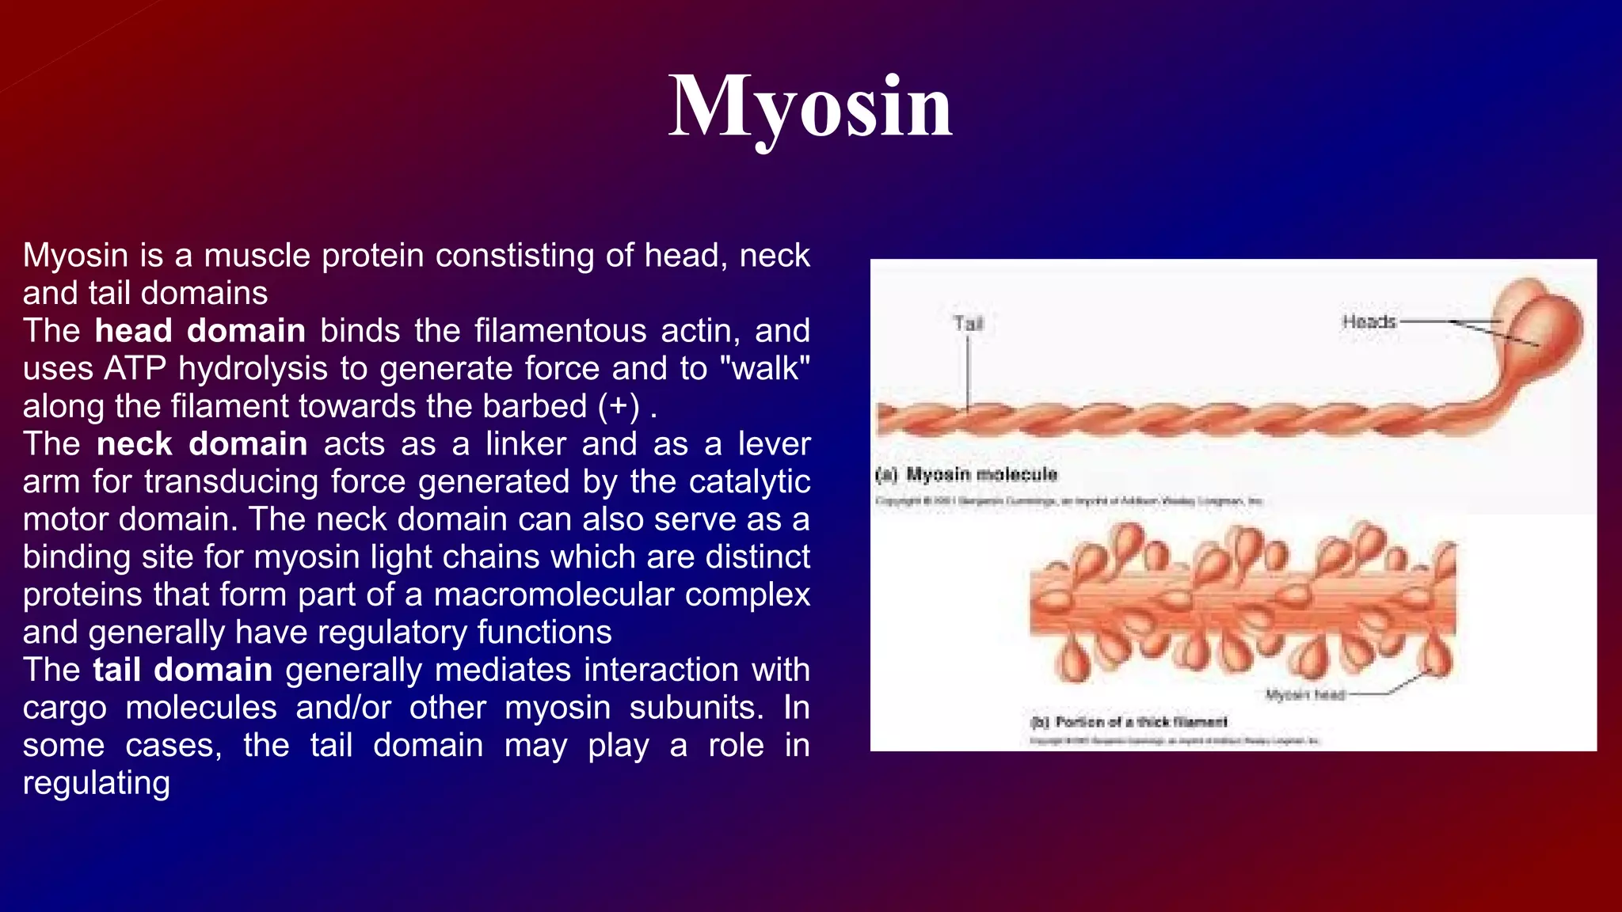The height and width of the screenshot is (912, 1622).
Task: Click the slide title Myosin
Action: coord(810,107)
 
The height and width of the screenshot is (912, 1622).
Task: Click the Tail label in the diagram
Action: coord(968,324)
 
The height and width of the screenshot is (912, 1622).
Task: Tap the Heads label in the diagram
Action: coord(1368,321)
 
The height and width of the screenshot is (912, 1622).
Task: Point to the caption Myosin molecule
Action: coord(980,474)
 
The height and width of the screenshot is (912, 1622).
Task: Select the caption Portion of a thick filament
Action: coord(1140,721)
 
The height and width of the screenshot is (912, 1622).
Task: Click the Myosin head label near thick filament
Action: coord(1304,695)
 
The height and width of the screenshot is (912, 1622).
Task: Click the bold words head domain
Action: coord(200,331)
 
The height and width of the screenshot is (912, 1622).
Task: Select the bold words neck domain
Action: coord(201,444)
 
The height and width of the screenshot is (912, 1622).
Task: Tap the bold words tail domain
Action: coord(182,671)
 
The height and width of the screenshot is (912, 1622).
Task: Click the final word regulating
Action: coord(96,784)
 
